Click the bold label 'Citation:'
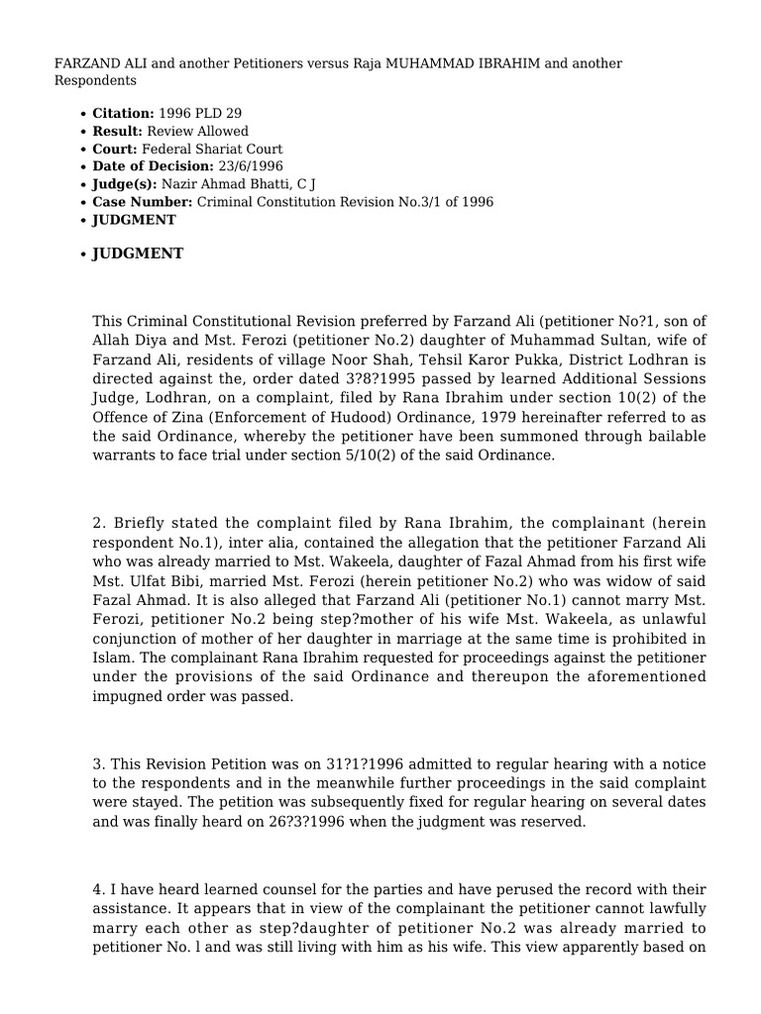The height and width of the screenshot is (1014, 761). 123,114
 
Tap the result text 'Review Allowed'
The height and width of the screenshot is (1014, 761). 197,132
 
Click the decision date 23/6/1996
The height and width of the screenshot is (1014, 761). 250,166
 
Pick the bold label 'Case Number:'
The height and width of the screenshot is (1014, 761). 143,202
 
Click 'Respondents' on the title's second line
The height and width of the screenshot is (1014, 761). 95,80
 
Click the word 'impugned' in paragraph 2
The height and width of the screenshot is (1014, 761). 126,695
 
